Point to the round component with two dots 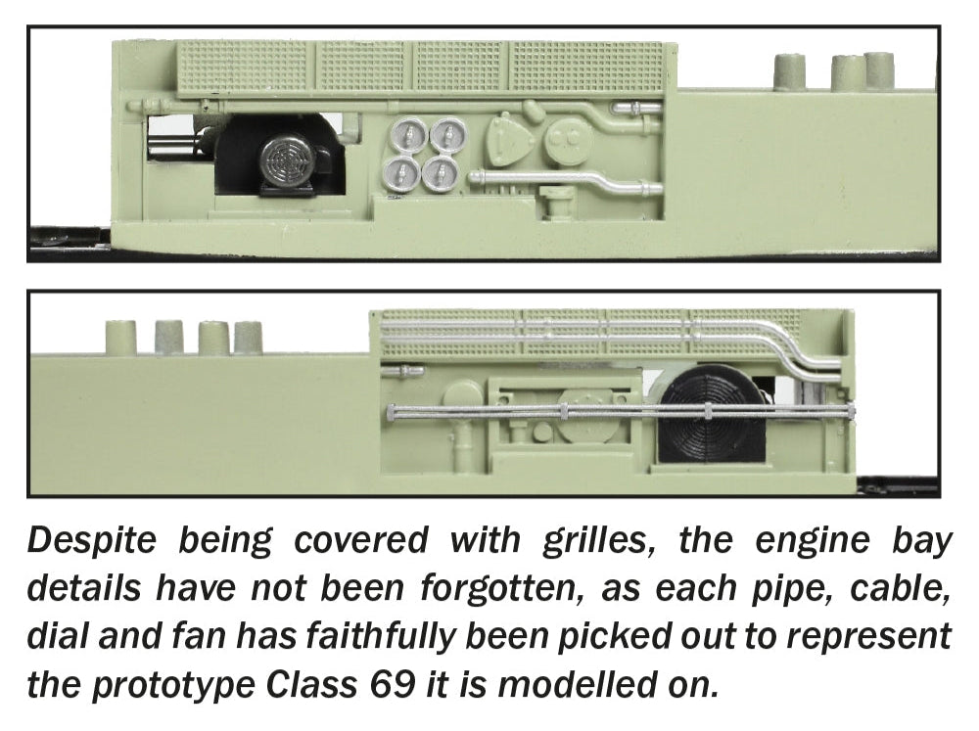tap(568, 141)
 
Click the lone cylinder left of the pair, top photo tap(788, 71)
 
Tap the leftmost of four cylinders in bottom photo tap(120, 338)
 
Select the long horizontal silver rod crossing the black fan tap(621, 411)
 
